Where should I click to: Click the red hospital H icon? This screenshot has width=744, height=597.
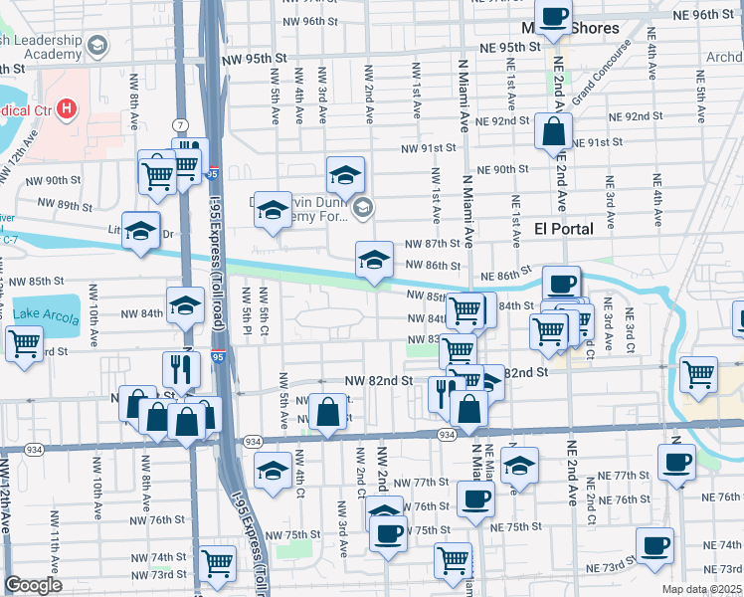point(67,107)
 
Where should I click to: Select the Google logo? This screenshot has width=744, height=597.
point(33,585)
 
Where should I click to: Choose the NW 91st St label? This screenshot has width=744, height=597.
point(428,148)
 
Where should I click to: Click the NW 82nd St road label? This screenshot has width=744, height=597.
point(378,381)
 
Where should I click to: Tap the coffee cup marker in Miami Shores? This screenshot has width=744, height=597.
point(557,17)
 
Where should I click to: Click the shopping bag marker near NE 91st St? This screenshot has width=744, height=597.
point(553,130)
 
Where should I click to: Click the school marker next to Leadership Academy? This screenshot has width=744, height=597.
point(97,45)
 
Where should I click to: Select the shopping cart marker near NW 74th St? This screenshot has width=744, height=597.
point(216,564)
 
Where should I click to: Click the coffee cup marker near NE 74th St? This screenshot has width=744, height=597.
point(654,545)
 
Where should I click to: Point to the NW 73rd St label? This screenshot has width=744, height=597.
point(162,574)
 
